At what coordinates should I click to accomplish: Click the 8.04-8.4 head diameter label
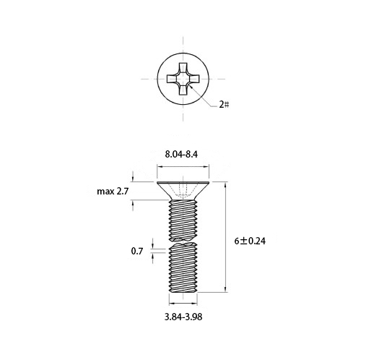(x=181, y=154)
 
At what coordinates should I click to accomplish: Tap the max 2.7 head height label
(x=113, y=192)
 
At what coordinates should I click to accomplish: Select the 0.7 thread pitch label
(x=137, y=251)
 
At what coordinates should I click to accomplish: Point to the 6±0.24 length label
(x=250, y=241)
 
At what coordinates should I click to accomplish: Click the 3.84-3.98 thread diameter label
(x=183, y=317)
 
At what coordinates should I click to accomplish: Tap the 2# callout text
(x=224, y=105)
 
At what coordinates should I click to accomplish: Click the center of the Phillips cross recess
(x=183, y=79)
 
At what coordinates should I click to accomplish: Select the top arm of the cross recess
(x=183, y=68)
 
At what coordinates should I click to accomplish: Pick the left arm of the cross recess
(x=173, y=79)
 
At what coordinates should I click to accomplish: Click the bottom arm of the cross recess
(x=183, y=90)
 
